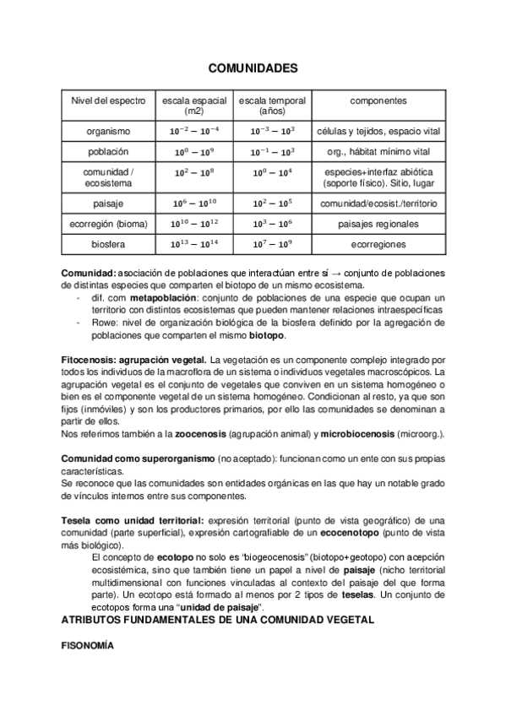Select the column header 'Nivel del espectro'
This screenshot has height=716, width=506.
(x=108, y=100)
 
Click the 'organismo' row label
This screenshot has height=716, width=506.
(x=108, y=132)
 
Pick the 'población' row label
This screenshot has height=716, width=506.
(x=108, y=152)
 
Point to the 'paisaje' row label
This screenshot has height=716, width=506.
(x=108, y=203)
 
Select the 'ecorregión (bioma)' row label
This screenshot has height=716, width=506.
(x=108, y=224)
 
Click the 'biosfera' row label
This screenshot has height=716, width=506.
(x=108, y=244)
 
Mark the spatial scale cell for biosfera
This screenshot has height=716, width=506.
(x=194, y=244)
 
